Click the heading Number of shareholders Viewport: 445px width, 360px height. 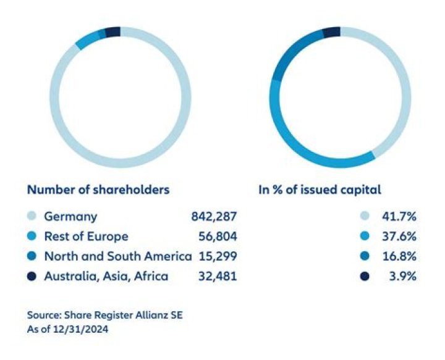pyautogui.click(x=98, y=190)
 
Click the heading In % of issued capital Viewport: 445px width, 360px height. pyautogui.click(x=319, y=190)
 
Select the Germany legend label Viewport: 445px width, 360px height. pyautogui.click(x=70, y=217)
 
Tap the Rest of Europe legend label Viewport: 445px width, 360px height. pyautogui.click(x=86, y=237)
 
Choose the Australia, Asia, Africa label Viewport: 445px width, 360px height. pyautogui.click(x=106, y=276)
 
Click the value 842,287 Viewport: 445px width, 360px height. pyautogui.click(x=214, y=217)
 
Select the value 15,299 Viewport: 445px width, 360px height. pyautogui.click(x=216, y=256)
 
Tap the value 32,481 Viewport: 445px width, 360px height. pyautogui.click(x=216, y=276)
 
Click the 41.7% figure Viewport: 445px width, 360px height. pyautogui.click(x=400, y=217)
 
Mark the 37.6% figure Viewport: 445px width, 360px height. pyautogui.click(x=400, y=237)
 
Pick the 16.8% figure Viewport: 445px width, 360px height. pyautogui.click(x=400, y=256)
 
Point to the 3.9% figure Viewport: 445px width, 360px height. pyautogui.click(x=402, y=276)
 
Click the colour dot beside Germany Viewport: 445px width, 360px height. pyautogui.click(x=32, y=217)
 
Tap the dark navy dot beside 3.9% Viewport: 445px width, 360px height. pyautogui.click(x=365, y=276)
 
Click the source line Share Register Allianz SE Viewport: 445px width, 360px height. pyautogui.click(x=105, y=316)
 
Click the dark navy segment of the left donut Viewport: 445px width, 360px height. pyautogui.click(x=112, y=32)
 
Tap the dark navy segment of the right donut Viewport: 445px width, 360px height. pyautogui.click(x=332, y=31)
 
